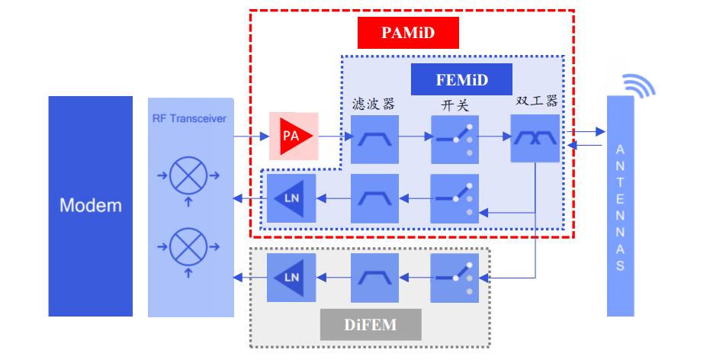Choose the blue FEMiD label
click(461, 79)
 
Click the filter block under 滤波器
click(375, 139)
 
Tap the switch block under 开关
click(455, 139)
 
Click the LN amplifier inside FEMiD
click(291, 199)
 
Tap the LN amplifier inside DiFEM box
click(291, 278)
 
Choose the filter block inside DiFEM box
click(375, 278)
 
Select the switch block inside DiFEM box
click(455, 278)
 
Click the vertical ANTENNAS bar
click(620, 206)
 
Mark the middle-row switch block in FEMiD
click(455, 198)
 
